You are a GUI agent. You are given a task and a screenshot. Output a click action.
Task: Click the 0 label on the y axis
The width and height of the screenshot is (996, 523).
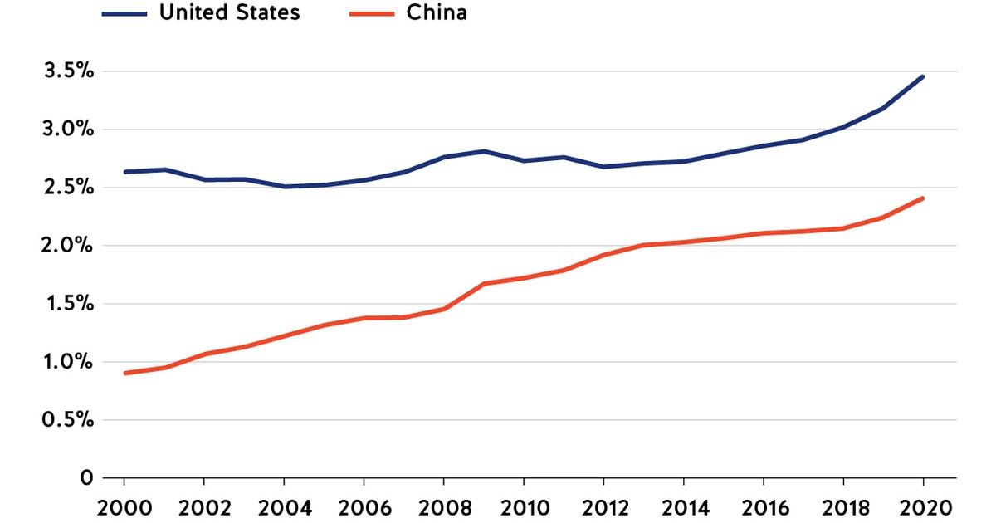[x=86, y=478]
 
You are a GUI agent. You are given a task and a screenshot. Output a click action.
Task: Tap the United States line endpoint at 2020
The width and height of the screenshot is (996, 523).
[x=923, y=77]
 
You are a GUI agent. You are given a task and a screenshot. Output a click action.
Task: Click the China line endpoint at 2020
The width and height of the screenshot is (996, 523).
[x=923, y=198]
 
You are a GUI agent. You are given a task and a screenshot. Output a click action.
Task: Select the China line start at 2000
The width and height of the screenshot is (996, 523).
[x=124, y=374]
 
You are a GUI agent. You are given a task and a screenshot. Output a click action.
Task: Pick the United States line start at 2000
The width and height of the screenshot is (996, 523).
[x=124, y=172]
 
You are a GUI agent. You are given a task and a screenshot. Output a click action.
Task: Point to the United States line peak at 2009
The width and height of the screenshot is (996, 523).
[x=484, y=151]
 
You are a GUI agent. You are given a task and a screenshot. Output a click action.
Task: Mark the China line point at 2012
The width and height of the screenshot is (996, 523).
[x=603, y=255]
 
